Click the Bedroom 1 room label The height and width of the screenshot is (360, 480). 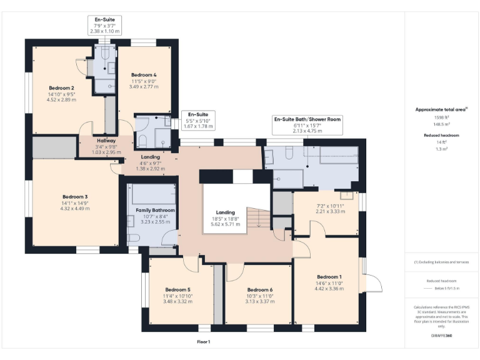tap(329, 277)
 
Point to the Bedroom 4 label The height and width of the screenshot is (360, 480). tap(144, 75)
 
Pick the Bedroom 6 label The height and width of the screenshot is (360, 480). tap(259, 289)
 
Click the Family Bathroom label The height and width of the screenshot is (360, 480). tap(156, 211)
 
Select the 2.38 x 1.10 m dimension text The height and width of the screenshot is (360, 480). tap(104, 31)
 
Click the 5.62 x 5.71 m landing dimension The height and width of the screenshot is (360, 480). tap(225, 224)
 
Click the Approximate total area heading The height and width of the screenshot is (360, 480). tap(441, 109)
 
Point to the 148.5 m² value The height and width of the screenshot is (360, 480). tap(441, 124)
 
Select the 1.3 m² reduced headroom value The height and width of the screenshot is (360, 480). tap(441, 149)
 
